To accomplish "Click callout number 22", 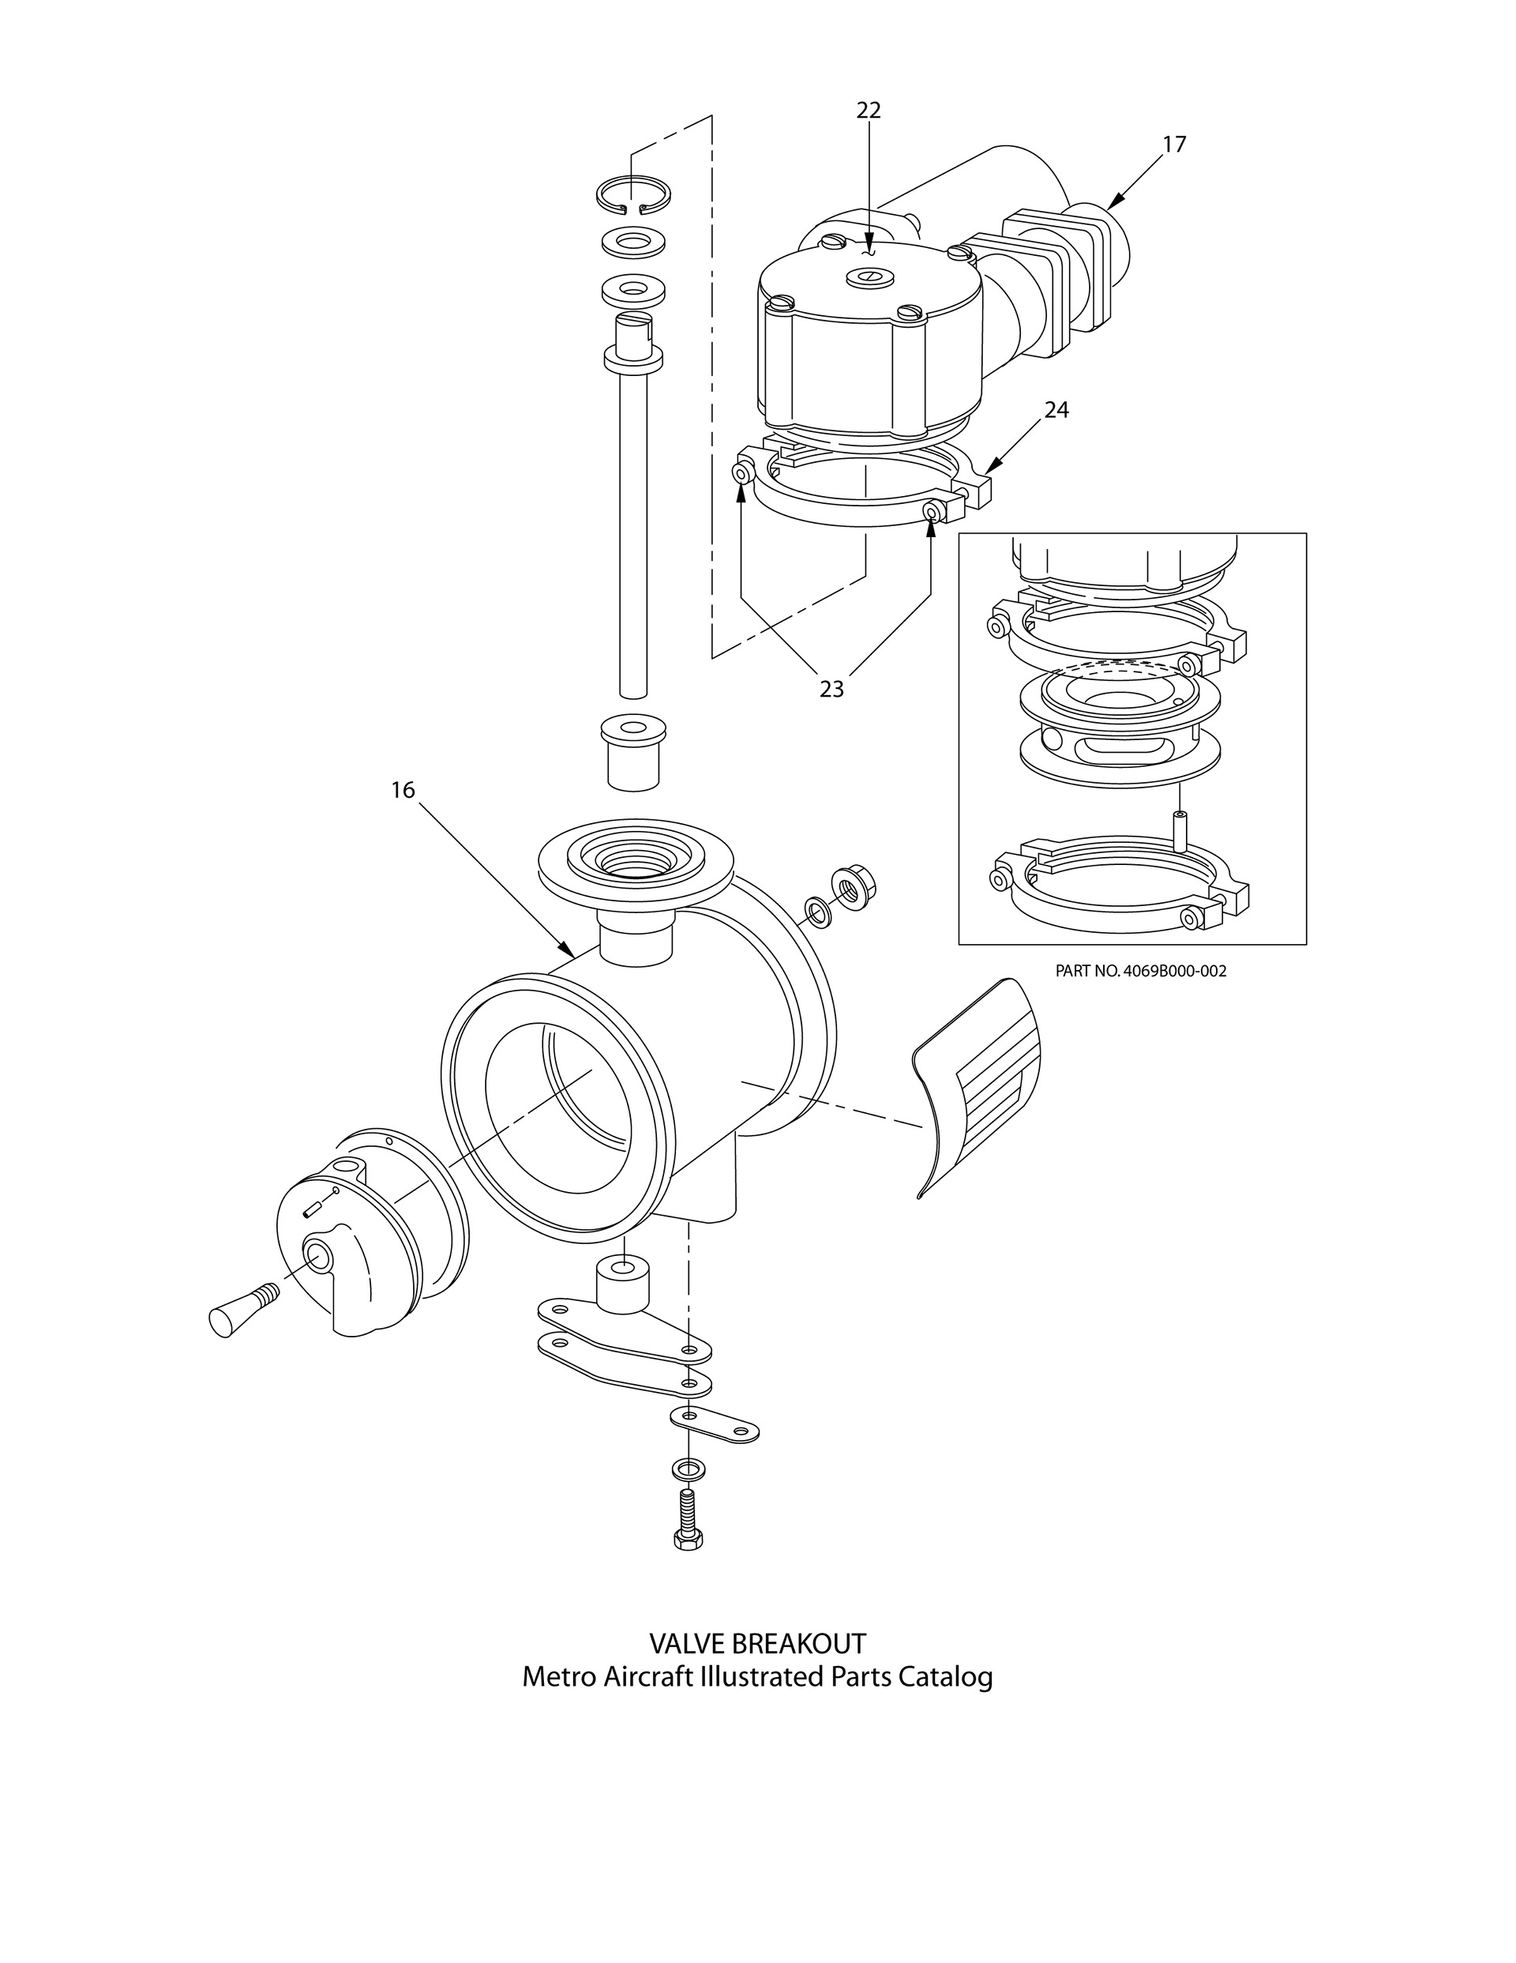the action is pyautogui.click(x=868, y=111).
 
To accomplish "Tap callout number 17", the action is pyautogui.click(x=1173, y=144).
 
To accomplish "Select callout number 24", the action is pyautogui.click(x=1056, y=410).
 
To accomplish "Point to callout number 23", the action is pyautogui.click(x=831, y=689).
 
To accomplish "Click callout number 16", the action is pyautogui.click(x=403, y=790).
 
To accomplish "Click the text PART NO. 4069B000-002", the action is pyautogui.click(x=1140, y=971).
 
